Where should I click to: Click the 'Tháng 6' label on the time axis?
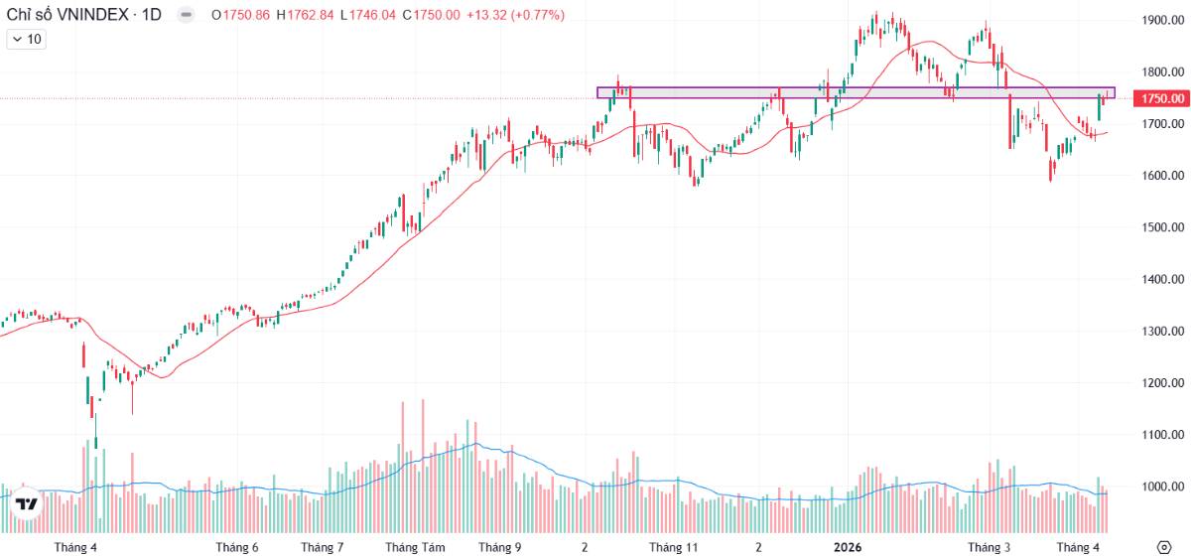point(237,547)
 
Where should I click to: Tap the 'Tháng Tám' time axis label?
point(415,547)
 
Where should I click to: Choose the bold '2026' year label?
point(847,547)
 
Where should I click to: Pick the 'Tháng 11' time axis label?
point(674,547)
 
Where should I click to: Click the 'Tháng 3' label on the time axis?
point(989,547)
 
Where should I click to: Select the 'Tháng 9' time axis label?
point(499,547)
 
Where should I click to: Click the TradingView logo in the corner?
point(27,503)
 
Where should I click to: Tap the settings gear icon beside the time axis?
point(1163,547)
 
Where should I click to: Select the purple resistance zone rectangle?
point(854,92)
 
